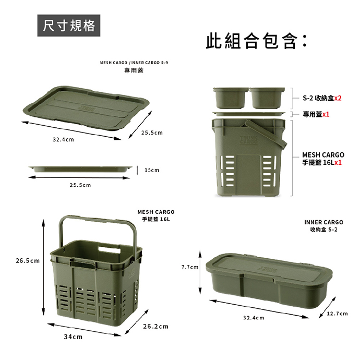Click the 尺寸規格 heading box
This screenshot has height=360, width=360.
(69, 26)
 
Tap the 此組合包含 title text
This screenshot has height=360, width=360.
(257, 41)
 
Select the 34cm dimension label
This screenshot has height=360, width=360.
(73, 337)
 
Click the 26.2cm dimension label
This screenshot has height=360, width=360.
(155, 326)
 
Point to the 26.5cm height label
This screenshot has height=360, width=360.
(28, 260)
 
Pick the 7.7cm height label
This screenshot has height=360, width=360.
(190, 267)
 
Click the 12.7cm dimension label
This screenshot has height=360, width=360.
(337, 314)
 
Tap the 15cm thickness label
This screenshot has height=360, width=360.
(152, 170)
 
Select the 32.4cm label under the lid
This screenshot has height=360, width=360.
(63, 139)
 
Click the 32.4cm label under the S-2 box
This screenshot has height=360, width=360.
(254, 318)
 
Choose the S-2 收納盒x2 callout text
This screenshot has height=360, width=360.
(322, 98)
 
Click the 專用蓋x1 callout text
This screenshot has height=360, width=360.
(316, 114)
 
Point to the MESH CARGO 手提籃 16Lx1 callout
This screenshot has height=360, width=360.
(323, 159)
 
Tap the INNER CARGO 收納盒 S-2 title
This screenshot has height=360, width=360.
(323, 226)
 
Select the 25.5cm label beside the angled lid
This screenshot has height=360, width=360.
(152, 133)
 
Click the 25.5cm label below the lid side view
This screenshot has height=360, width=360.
(80, 185)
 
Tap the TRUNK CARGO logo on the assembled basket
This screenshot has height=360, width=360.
(248, 140)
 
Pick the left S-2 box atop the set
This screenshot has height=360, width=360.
(231, 98)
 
